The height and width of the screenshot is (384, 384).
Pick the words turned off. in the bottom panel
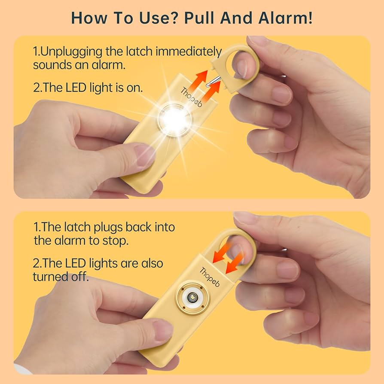[61, 277]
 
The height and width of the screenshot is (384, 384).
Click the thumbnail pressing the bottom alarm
[162, 330]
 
